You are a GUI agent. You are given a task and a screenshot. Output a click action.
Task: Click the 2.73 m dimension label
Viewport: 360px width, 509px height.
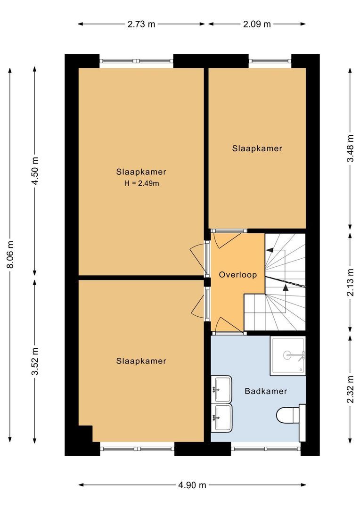(141, 24)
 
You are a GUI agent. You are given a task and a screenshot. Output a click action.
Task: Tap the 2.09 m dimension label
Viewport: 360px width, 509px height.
(257, 24)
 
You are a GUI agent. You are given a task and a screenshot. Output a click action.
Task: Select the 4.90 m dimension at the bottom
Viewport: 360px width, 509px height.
(192, 485)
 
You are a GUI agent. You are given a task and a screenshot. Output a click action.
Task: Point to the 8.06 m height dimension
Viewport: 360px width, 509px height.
(10, 255)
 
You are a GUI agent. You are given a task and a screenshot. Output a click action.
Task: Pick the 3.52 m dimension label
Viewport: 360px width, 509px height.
(34, 361)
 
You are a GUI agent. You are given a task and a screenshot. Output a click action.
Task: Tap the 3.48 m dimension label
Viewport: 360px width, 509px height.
(350, 148)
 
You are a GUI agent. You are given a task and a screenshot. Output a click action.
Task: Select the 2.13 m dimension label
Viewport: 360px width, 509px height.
(350, 282)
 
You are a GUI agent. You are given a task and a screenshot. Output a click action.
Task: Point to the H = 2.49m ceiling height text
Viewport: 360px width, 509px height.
(141, 184)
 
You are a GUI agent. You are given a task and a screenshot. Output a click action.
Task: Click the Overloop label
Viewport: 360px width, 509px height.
(238, 275)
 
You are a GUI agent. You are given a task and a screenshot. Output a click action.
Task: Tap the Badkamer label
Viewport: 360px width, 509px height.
(266, 391)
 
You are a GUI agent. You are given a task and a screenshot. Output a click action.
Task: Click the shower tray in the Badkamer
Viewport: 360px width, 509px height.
(287, 356)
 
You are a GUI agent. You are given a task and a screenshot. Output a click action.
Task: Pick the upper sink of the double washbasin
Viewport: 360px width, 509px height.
(221, 389)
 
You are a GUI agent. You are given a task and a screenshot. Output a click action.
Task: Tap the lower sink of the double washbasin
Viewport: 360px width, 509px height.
(221, 418)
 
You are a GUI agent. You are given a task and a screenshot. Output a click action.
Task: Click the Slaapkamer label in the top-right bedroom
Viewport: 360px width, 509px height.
(257, 148)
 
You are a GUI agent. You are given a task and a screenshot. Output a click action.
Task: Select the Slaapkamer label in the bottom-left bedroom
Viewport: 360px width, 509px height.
(141, 361)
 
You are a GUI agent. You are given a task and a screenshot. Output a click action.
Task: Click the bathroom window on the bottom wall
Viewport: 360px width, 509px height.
(266, 449)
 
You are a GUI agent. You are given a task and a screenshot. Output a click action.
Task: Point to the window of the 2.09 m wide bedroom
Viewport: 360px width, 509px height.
(270, 61)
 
